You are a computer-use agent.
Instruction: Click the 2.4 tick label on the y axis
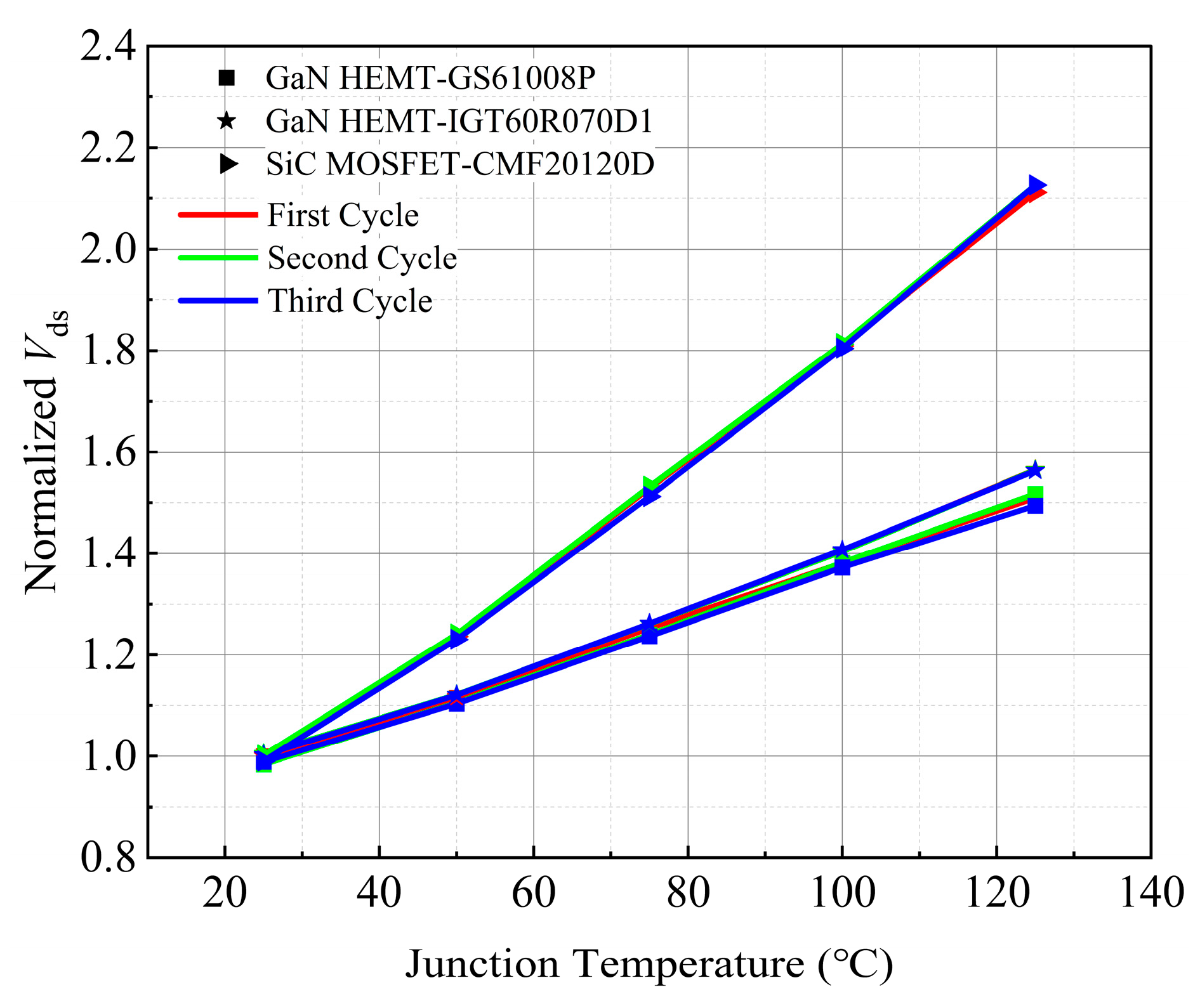[108, 47]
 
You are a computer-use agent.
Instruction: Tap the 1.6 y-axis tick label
[108, 452]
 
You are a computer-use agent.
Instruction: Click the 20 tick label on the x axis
[225, 893]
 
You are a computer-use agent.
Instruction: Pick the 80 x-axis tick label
[688, 893]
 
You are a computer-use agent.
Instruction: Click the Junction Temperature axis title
[649, 964]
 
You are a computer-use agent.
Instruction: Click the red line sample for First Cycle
[218, 215]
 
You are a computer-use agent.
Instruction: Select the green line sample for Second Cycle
[218, 258]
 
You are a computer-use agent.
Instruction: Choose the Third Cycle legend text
[350, 301]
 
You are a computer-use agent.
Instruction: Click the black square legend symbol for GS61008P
[227, 78]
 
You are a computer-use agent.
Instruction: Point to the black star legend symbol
[227, 121]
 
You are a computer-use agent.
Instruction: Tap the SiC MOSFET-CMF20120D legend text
[460, 164]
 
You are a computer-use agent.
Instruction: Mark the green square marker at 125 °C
[1035, 494]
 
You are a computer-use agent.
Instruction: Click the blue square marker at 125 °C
[1035, 506]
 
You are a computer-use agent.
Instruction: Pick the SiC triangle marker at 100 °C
[842, 347]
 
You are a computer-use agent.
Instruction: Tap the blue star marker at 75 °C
[648, 624]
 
